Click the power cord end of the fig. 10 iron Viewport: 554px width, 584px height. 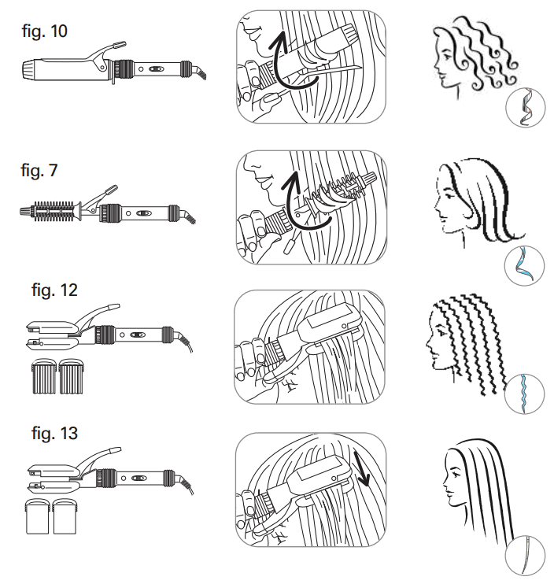click(200, 73)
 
